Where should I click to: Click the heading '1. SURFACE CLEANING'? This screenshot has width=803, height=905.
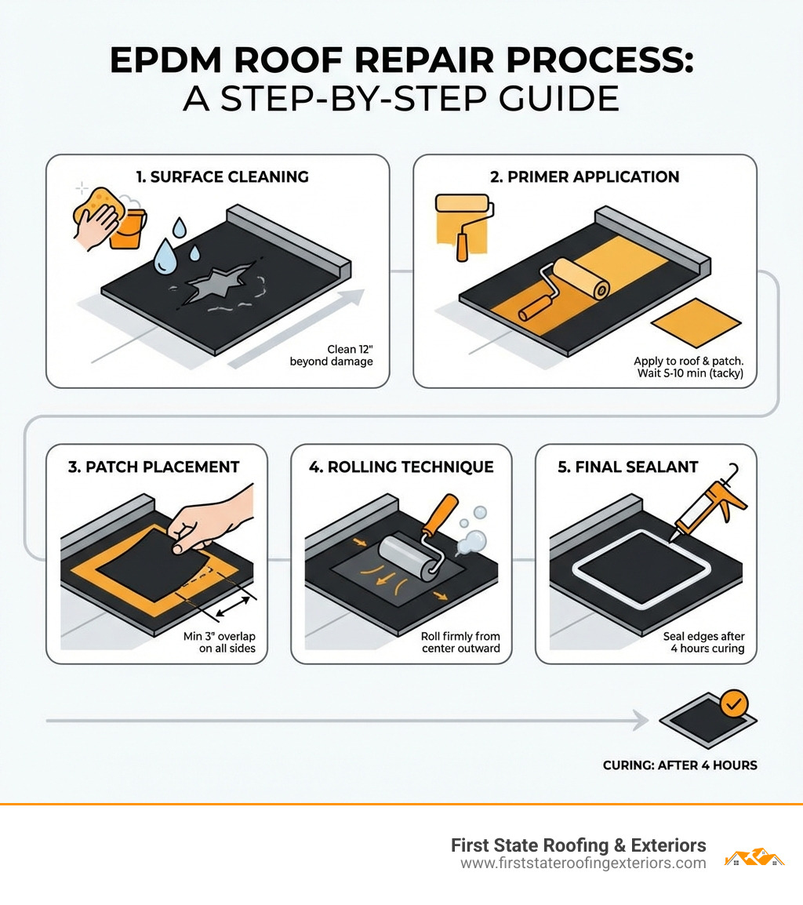click(x=222, y=176)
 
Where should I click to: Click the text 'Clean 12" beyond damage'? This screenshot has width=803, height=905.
click(x=331, y=355)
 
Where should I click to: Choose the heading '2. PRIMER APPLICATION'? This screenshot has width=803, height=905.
click(x=584, y=176)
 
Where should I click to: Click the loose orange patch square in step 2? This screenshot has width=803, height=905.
click(x=696, y=322)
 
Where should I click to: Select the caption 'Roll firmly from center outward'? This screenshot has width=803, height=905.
click(x=460, y=642)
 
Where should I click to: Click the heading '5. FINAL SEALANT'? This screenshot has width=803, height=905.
click(x=627, y=467)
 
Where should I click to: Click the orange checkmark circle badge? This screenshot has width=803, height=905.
click(x=733, y=703)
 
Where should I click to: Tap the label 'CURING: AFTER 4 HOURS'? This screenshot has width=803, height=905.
click(x=680, y=765)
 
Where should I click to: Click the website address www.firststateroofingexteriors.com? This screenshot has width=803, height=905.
click(x=583, y=863)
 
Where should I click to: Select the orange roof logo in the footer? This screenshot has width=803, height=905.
click(x=754, y=857)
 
